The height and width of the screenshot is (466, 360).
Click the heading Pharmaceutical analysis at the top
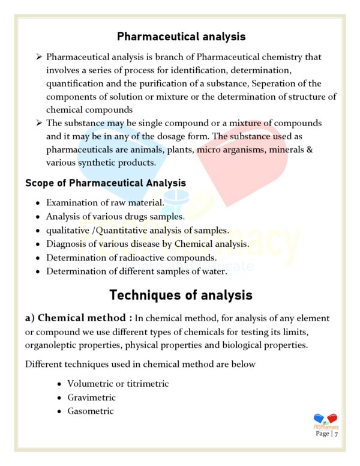181,37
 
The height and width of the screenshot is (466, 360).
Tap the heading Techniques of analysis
181,295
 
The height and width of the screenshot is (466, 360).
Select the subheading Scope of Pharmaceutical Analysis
106,183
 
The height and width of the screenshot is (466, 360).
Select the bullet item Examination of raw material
105,202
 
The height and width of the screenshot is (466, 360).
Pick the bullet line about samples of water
136,271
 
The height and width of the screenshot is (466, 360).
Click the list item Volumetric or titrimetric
118,383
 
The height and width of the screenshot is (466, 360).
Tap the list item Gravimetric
91,398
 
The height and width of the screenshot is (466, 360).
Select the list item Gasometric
90,411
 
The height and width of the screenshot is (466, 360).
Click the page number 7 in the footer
337,434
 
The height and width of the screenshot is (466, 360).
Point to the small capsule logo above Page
325,419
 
